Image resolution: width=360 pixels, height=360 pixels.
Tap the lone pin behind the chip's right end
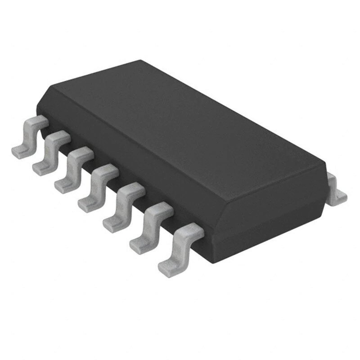click(x=335, y=189)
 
